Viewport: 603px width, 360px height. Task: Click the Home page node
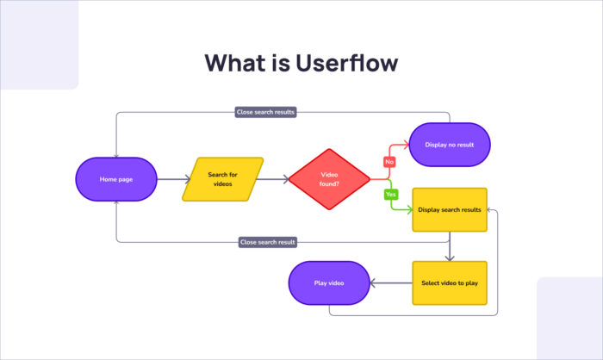point(115,179)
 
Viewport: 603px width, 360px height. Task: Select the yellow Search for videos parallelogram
point(222,179)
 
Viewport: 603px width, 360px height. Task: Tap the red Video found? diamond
point(329,179)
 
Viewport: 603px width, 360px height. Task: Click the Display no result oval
point(448,144)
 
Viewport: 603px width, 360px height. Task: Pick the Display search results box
point(449,209)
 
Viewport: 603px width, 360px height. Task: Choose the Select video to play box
point(449,282)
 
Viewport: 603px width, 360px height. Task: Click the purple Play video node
point(328,282)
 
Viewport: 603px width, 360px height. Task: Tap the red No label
point(389,161)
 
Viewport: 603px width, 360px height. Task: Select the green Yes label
point(390,195)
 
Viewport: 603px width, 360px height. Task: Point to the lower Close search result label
point(268,242)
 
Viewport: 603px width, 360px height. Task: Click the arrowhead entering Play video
point(373,282)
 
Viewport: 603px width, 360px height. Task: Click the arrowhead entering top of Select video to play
point(449,258)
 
